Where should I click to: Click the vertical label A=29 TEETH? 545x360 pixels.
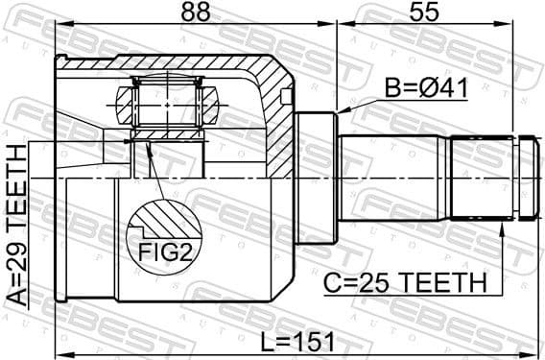[x=17, y=225]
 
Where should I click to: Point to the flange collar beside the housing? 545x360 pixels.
[x=316, y=179]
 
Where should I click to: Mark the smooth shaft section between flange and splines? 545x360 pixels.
[x=393, y=179]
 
